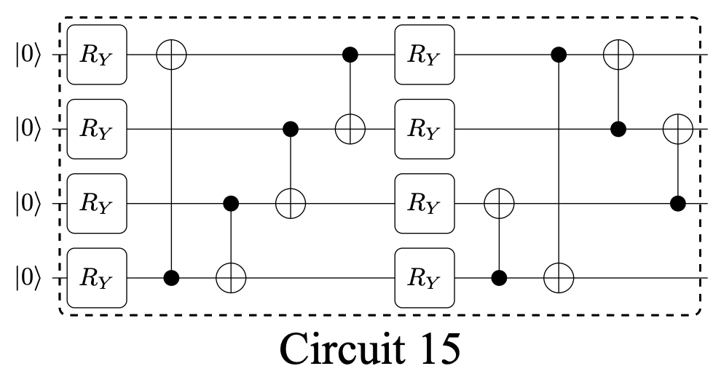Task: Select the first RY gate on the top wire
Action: tap(97, 55)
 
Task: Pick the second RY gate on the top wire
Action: tap(425, 55)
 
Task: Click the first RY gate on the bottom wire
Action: tap(97, 279)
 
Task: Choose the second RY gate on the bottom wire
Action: tap(425, 279)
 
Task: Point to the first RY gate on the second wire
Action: tap(97, 130)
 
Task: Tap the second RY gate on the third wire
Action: tap(425, 204)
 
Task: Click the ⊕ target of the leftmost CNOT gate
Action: tap(172, 55)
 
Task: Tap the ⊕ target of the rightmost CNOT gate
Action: tap(678, 130)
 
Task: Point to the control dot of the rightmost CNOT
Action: tap(678, 204)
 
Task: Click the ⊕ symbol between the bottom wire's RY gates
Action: tap(231, 279)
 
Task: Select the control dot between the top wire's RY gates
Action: tap(350, 55)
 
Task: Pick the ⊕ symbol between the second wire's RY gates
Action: tap(350, 130)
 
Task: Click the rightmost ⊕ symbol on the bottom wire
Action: tap(559, 279)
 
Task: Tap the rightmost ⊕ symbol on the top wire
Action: tap(618, 55)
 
